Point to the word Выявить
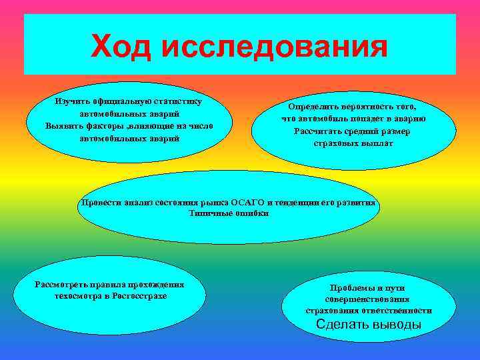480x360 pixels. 66,126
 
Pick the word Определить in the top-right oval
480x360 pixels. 315,106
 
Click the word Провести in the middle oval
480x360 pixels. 99,202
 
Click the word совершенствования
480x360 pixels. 368,299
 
